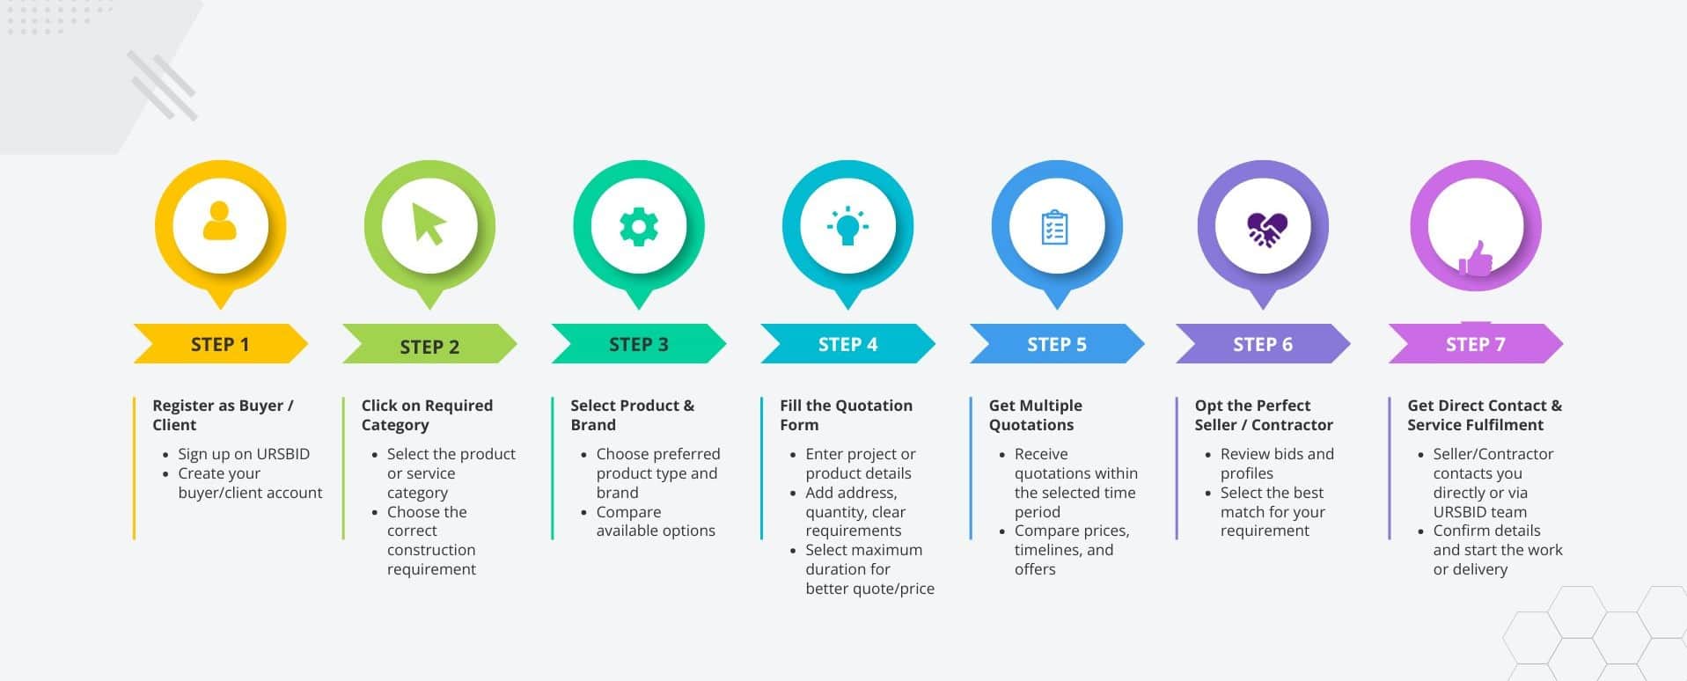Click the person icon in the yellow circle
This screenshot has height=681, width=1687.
219,222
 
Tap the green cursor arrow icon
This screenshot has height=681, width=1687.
429,223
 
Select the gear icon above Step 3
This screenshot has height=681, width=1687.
639,226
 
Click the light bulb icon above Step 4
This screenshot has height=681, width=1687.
847,226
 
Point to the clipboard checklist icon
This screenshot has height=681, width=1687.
1054,227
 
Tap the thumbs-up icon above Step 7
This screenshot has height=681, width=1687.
1476,260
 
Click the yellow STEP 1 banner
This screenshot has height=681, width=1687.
220,344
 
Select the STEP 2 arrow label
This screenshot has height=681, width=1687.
429,346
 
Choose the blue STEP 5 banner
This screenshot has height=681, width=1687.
1056,344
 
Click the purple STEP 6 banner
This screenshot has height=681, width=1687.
1262,344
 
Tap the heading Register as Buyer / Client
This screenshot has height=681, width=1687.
223,414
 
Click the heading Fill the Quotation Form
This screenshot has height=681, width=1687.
846,414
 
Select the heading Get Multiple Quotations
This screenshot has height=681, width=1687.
1035,414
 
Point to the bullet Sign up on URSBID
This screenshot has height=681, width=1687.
243,454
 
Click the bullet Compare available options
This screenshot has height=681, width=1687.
655,521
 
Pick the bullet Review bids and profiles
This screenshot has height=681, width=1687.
1276,464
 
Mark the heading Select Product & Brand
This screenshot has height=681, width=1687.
632,414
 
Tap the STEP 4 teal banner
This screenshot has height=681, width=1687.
847,344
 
